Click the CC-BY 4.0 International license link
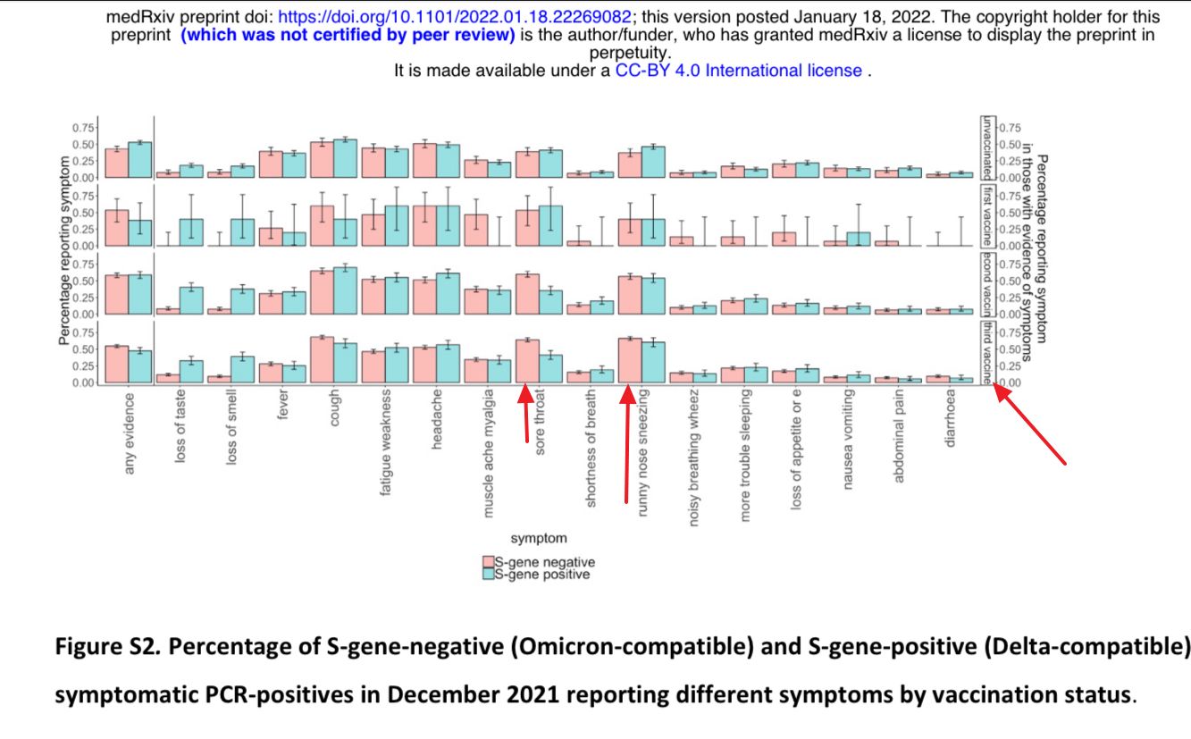(738, 71)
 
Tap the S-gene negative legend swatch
(488, 562)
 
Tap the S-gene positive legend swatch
(488, 575)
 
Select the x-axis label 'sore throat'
(540, 424)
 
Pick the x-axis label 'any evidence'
(130, 432)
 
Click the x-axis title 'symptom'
(538, 538)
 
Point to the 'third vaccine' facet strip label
(987, 353)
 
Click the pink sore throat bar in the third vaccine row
(527, 361)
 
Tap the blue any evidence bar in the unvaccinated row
(140, 160)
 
